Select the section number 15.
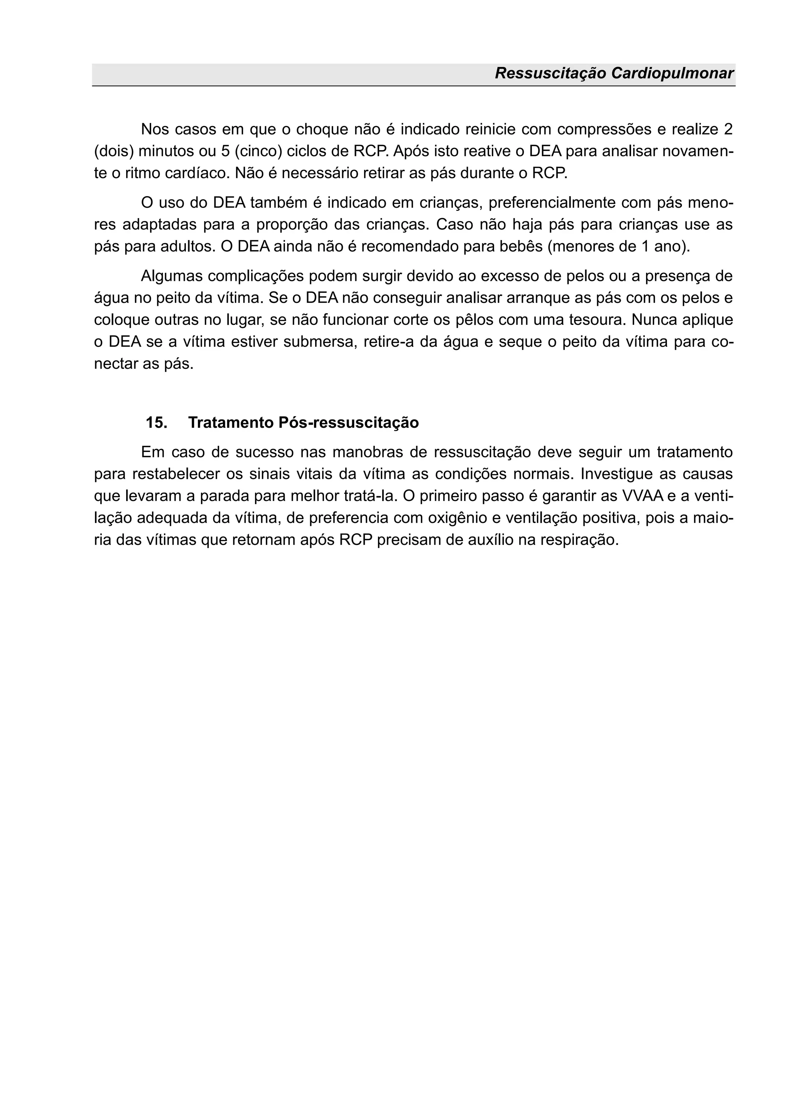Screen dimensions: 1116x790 click(x=157, y=422)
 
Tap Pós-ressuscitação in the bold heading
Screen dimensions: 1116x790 click(x=349, y=422)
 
